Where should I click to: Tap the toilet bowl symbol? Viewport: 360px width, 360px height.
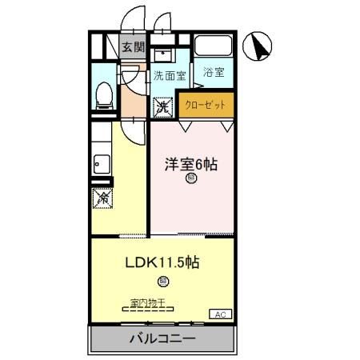click(102, 95)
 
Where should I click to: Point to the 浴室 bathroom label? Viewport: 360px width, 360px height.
click(212, 72)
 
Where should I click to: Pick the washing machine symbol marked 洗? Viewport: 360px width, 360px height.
click(163, 105)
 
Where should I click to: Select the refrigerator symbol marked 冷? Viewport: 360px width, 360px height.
click(102, 195)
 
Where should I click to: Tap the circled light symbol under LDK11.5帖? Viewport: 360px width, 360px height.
click(162, 281)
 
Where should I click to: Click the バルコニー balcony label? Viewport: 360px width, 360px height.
click(162, 339)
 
